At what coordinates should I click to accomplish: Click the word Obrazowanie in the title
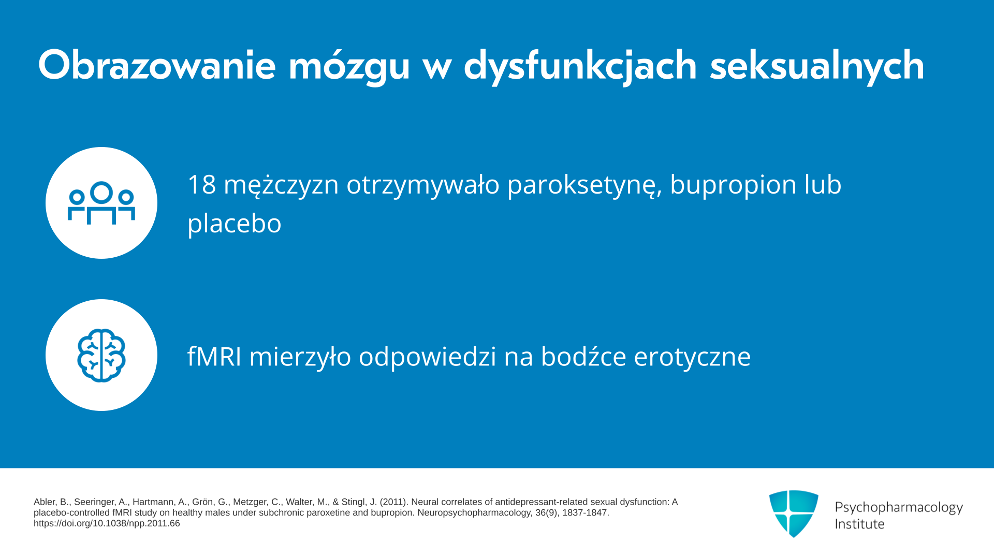point(157,65)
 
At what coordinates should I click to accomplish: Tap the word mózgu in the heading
point(349,66)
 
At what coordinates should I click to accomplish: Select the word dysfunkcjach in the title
point(580,66)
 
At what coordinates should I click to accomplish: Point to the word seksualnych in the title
point(817,66)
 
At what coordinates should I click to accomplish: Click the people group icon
point(101,203)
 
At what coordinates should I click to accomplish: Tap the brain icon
point(101,356)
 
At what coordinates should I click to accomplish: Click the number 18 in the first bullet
point(201,184)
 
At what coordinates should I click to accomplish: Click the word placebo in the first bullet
point(235,224)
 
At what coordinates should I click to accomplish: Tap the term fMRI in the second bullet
point(214,356)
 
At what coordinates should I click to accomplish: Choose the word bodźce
point(583,356)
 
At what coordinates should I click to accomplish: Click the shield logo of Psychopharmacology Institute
point(794,513)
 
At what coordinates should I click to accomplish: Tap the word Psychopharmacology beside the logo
point(899,507)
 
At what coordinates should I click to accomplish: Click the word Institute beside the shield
point(860,524)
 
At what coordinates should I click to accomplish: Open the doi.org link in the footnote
point(107,523)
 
